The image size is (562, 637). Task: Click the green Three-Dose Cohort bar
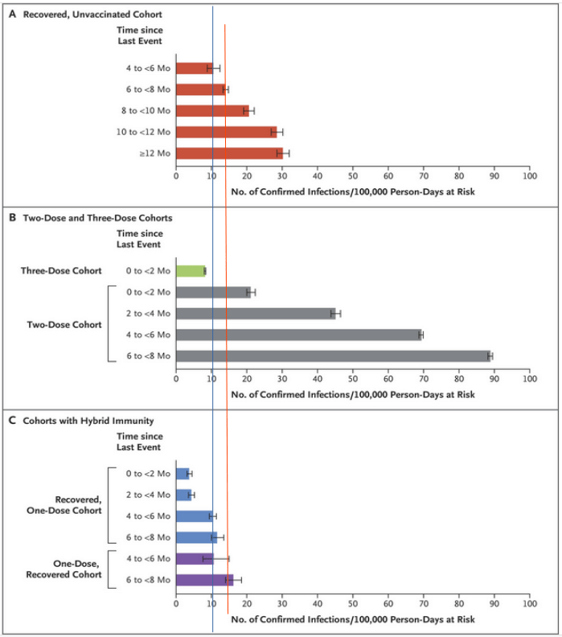(190, 271)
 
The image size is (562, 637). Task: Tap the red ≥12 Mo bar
(228, 153)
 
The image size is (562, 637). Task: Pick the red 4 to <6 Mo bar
(194, 68)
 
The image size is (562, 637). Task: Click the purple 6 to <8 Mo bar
(203, 579)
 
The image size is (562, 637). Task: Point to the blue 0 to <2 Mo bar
(183, 474)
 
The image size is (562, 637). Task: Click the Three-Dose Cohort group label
(61, 271)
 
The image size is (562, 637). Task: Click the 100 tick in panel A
(528, 175)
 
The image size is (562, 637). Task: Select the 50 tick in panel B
(353, 377)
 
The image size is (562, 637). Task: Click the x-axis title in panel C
(353, 619)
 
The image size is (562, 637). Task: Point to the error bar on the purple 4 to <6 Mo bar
(216, 558)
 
